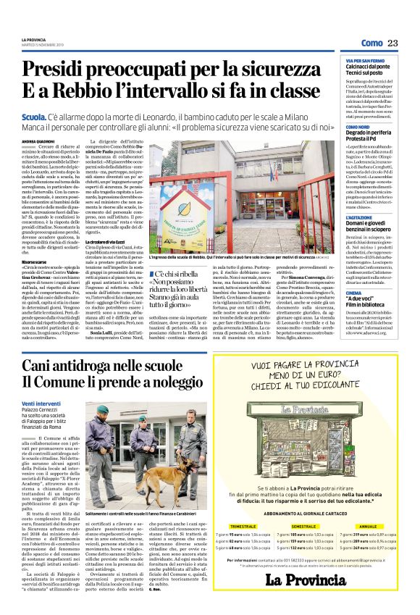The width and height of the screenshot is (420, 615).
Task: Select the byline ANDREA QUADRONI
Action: pos(38,141)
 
